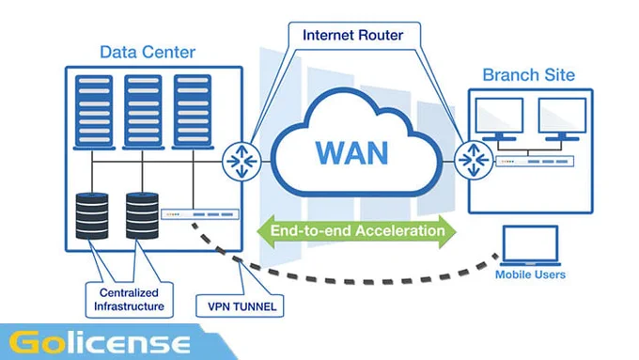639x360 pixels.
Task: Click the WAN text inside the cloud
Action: point(352,153)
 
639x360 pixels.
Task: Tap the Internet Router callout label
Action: point(353,35)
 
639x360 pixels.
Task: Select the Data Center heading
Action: point(148,53)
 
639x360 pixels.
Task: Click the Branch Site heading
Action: point(528,75)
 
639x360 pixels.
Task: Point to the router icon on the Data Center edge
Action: point(242,162)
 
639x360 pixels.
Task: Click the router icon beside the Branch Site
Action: point(474,160)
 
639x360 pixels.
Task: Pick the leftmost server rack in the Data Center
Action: point(94,112)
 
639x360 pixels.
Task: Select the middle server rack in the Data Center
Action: point(143,112)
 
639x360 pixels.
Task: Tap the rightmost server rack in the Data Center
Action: point(193,112)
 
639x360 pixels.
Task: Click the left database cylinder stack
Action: point(92,215)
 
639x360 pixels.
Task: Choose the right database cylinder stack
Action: point(142,215)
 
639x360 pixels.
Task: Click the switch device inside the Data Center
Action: point(200,214)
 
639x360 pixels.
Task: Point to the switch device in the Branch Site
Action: point(535,162)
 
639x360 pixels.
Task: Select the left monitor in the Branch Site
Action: point(500,119)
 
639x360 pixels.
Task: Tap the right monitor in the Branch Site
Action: point(562,119)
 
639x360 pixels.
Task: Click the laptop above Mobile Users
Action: point(530,246)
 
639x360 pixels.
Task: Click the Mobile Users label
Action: point(530,274)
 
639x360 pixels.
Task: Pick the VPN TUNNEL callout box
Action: point(240,305)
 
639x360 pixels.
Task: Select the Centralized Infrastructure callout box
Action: point(129,300)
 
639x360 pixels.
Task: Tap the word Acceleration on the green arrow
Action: point(401,231)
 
